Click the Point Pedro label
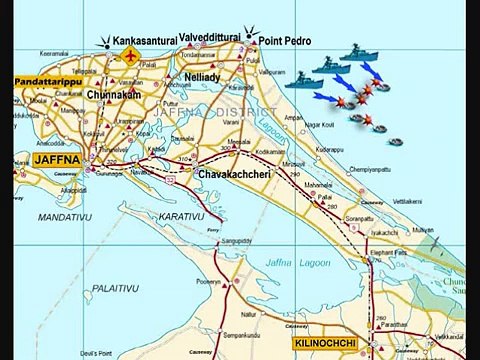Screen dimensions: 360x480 (285, 41)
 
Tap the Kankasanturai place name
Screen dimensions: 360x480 (145, 41)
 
